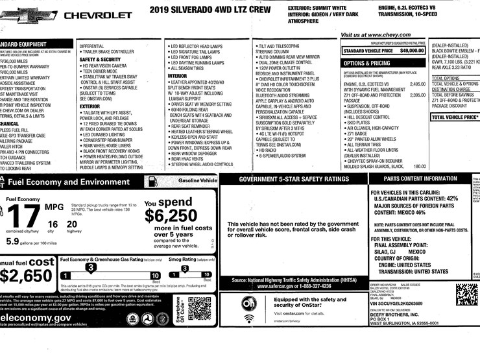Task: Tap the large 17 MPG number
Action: point(21,215)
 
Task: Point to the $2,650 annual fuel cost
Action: point(25,275)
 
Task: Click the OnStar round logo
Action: point(250,304)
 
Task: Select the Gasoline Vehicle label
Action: point(197,180)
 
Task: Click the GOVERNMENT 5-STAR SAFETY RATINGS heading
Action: point(294,179)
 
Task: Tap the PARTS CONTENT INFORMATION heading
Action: point(420,179)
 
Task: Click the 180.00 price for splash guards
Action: point(420,166)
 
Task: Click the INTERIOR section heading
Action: point(177,76)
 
